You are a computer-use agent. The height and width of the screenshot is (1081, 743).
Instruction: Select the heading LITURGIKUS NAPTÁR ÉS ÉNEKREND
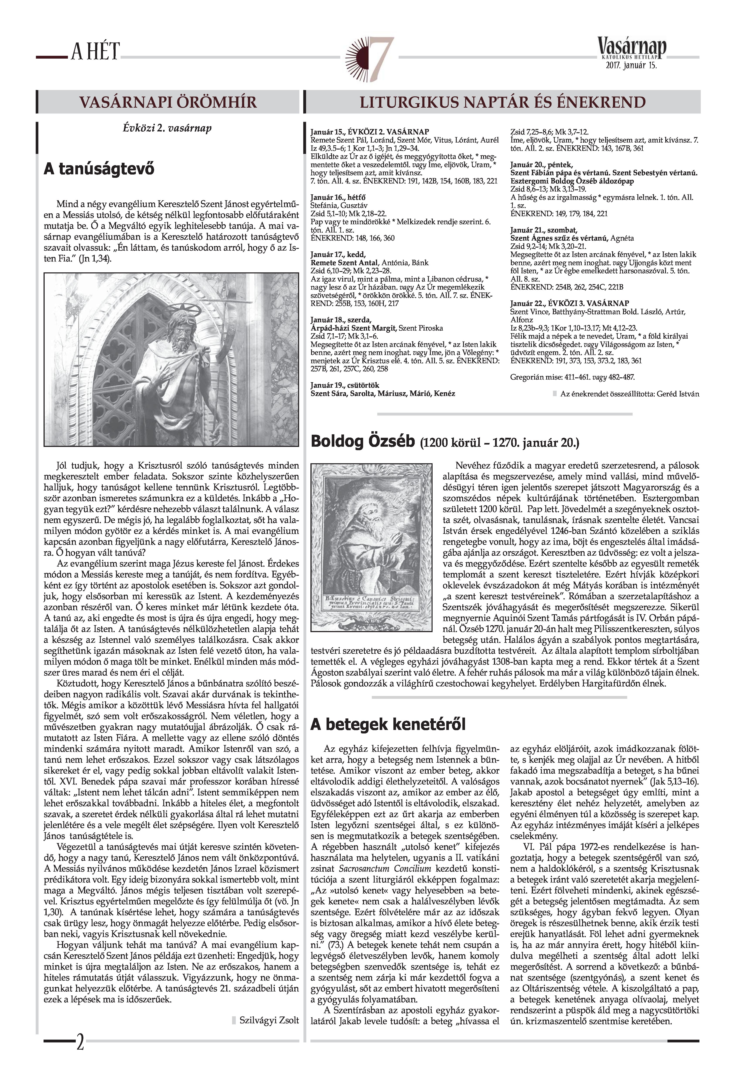pos(503,102)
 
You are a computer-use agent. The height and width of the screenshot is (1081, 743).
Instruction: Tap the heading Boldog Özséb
pos(362,441)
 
